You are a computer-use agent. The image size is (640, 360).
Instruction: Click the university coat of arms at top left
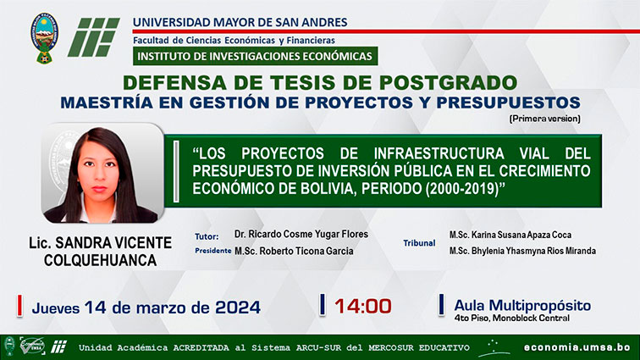click(45, 38)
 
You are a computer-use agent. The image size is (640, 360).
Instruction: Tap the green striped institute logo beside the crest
click(94, 37)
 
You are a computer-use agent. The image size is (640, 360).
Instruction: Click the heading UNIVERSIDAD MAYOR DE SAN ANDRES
click(240, 22)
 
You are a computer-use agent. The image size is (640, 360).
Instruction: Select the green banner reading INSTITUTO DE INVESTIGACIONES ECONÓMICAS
click(255, 56)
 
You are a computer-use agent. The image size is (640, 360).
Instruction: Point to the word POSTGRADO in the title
click(448, 82)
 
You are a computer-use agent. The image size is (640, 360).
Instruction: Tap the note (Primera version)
click(545, 119)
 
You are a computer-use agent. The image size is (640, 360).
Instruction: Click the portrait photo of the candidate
click(102, 174)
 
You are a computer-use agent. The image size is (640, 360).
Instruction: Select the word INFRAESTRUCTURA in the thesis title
click(439, 153)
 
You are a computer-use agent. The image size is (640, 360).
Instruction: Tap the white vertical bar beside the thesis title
click(176, 171)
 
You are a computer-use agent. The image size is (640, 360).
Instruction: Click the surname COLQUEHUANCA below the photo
click(101, 260)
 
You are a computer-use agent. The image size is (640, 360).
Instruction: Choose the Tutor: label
click(207, 236)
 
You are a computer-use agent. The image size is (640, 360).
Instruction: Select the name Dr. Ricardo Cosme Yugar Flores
click(301, 234)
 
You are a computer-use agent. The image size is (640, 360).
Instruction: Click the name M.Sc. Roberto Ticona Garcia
click(294, 251)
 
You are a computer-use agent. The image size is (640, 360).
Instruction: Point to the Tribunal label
click(419, 243)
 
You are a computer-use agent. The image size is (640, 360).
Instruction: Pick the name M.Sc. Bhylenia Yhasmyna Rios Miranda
click(522, 251)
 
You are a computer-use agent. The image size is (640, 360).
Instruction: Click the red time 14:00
click(363, 306)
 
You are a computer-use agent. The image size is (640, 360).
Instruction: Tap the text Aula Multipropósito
click(522, 305)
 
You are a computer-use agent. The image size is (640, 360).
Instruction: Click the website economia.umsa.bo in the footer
click(577, 347)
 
